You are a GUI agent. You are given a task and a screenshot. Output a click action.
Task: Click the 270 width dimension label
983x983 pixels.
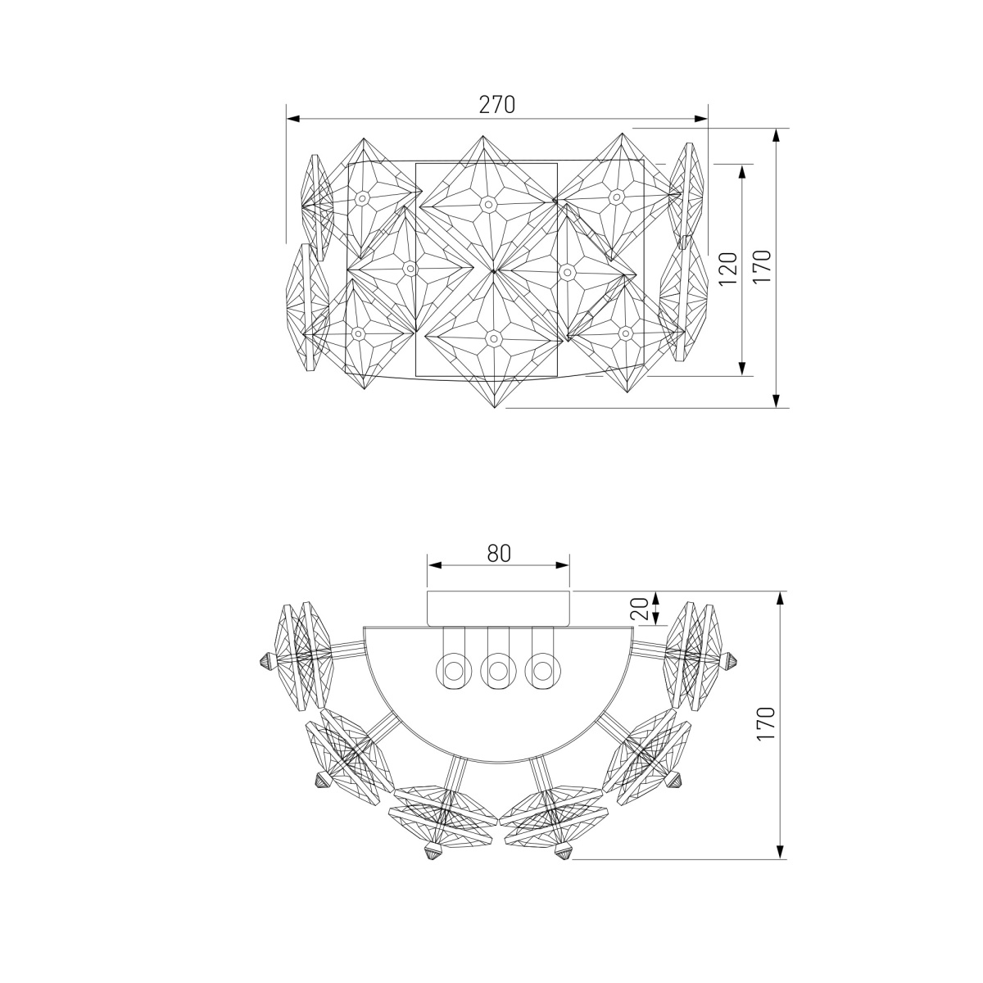tap(497, 105)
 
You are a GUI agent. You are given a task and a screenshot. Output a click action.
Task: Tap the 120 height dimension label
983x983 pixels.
tap(729, 269)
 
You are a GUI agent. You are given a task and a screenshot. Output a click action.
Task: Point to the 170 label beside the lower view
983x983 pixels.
tap(766, 724)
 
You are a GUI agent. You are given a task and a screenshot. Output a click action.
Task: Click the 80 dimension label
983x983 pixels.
tap(499, 553)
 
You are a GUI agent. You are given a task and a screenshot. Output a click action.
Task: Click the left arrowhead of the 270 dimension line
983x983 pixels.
tap(292, 119)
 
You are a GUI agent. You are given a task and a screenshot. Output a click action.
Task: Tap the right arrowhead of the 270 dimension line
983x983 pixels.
tap(701, 119)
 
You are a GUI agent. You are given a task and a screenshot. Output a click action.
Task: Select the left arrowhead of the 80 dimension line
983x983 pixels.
tap(434, 565)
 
